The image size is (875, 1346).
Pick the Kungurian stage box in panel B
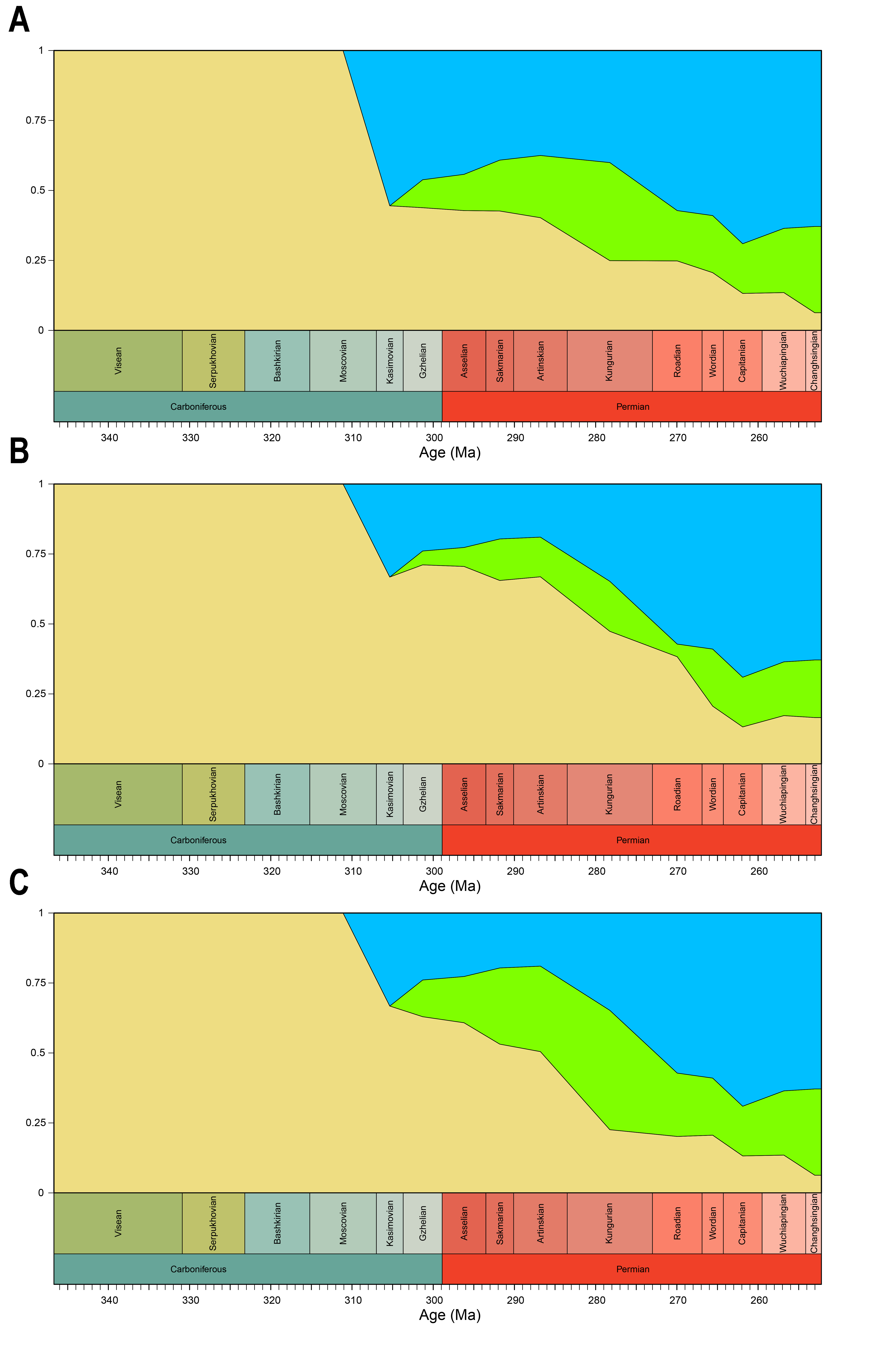coord(609,794)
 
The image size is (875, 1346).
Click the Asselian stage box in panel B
coord(464,794)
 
